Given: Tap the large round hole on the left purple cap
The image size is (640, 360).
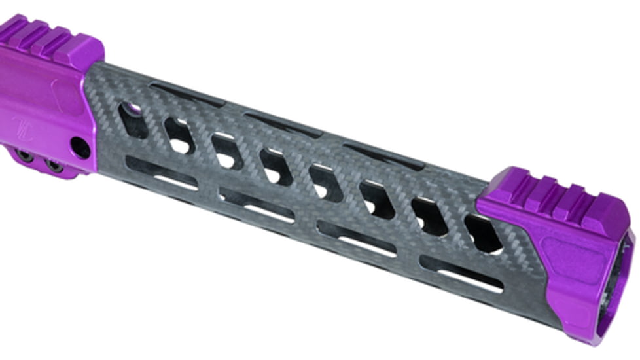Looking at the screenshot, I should (x=80, y=147).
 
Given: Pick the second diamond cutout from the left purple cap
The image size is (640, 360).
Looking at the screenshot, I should (x=179, y=135).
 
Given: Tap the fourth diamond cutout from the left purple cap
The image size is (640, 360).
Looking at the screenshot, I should (x=276, y=166).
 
